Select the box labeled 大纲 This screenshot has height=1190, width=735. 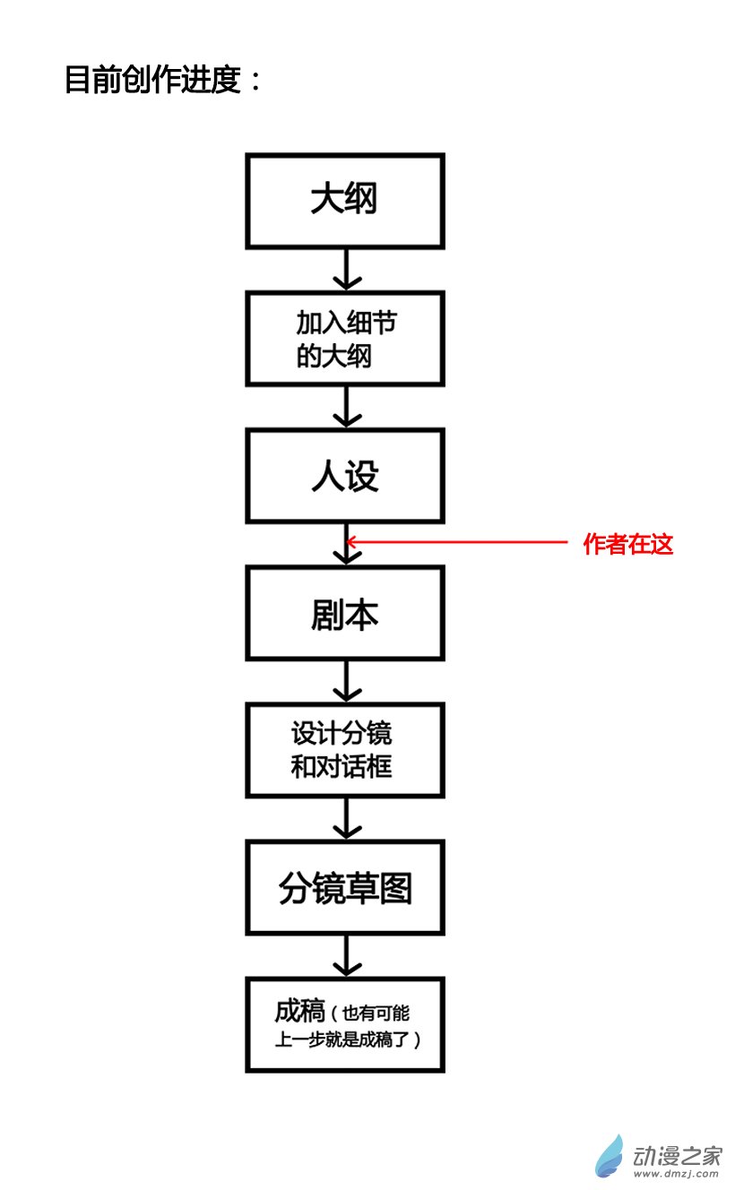345,201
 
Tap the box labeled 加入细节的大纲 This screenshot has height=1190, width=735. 345,339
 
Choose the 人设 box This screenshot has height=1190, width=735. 345,476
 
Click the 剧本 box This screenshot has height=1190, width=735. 345,614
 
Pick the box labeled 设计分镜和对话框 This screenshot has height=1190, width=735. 345,751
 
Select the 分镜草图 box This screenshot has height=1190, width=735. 345,888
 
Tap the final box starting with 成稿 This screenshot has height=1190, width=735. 345,1025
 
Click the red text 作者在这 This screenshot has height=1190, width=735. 627,543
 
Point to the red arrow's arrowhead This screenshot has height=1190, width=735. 351,541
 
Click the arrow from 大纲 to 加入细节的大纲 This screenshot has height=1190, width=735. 346,269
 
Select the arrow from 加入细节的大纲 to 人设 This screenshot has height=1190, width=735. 346,407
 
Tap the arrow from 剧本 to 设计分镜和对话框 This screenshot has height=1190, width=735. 346,682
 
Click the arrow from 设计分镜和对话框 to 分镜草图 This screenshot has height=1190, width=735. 346,819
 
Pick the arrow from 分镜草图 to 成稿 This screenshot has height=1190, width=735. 346,956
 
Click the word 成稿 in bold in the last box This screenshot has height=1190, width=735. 299,1012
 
